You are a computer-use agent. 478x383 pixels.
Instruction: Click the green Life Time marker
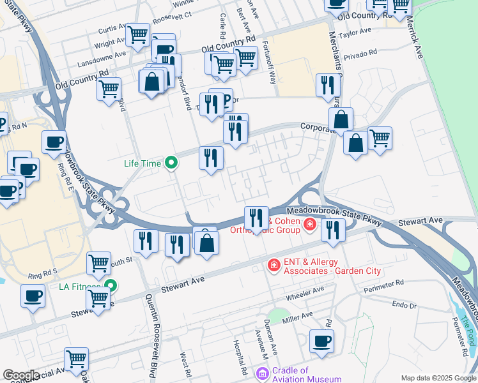coord(171,163)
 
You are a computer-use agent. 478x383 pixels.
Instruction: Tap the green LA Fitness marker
coord(111,286)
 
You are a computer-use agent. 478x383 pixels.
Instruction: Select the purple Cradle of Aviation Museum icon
coord(262,373)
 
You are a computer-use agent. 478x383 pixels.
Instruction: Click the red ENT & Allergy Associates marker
coord(274,264)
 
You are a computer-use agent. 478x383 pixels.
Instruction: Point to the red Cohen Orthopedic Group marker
coord(310,224)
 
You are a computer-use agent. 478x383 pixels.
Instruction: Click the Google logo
coord(20,376)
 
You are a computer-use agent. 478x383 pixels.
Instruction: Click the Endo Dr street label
coord(404,306)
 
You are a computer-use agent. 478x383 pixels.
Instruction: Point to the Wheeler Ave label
coord(306,292)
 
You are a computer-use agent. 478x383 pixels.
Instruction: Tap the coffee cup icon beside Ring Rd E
coord(54,142)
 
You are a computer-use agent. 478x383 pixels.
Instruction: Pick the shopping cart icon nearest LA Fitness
coord(98,297)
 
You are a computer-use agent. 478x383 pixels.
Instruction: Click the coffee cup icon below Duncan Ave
coord(321,340)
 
